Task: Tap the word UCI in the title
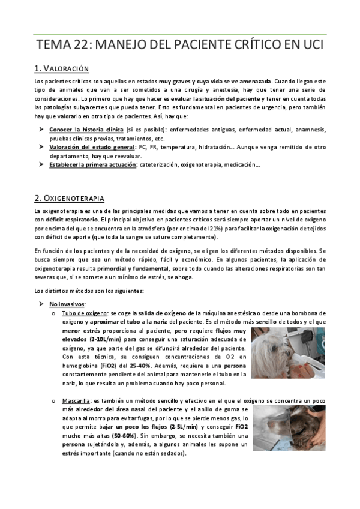[x=310, y=44]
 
